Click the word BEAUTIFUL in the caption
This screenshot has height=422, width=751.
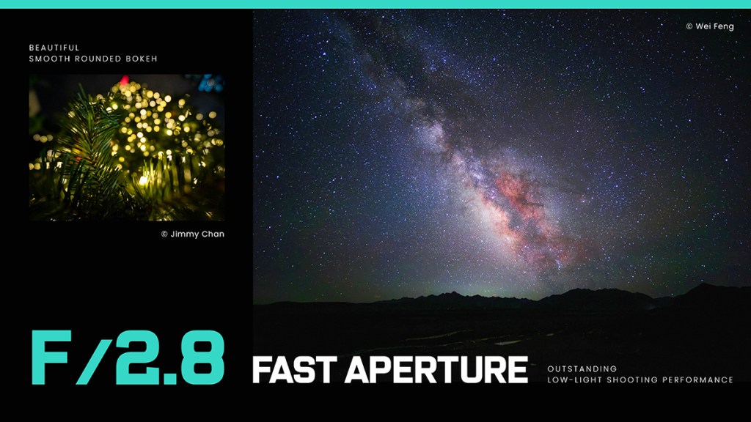pyautogui.click(x=54, y=48)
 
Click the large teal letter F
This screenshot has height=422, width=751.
pyautogui.click(x=51, y=358)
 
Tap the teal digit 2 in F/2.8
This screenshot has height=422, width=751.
pyautogui.click(x=137, y=358)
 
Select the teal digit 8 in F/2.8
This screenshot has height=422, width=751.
pyautogui.click(x=202, y=358)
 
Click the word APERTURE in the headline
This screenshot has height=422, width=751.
pyautogui.click(x=436, y=370)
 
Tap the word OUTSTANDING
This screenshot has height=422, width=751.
pyautogui.click(x=582, y=369)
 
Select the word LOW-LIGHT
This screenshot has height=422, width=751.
pyautogui.click(x=574, y=380)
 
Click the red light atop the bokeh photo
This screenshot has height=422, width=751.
pyautogui.click(x=125, y=80)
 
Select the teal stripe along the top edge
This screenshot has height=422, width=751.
pyautogui.click(x=375, y=4)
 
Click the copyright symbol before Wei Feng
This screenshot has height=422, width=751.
pyautogui.click(x=689, y=26)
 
